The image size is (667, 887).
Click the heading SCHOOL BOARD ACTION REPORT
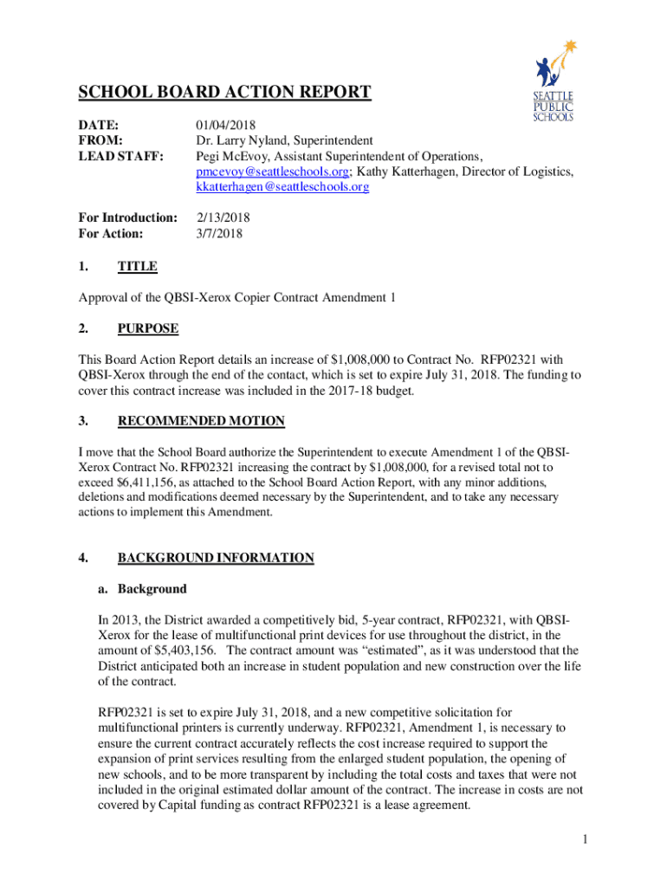(225, 93)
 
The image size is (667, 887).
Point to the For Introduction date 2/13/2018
(223, 217)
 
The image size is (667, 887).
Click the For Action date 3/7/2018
(219, 233)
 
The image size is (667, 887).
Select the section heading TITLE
(137, 267)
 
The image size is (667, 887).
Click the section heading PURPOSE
(147, 329)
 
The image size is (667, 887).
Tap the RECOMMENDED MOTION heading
(201, 421)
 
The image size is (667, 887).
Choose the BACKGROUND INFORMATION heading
(216, 558)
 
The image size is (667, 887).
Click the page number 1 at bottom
(586, 839)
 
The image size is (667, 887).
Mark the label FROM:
(100, 140)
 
